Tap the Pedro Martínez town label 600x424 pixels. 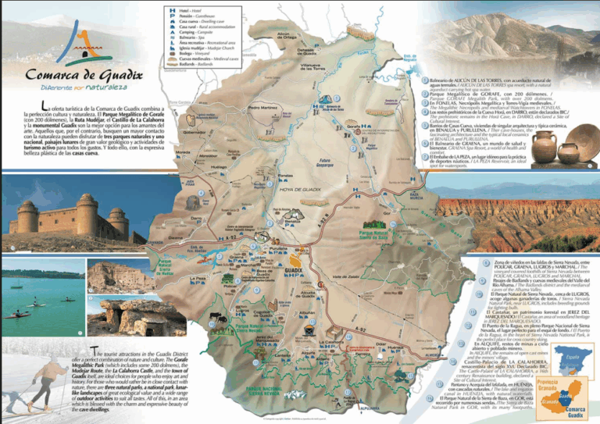coord(262,107)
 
